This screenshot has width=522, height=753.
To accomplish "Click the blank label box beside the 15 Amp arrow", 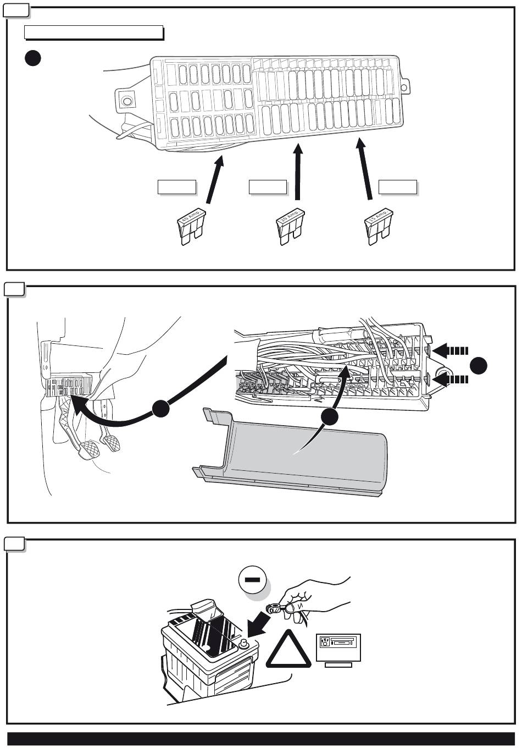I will pyautogui.click(x=397, y=187).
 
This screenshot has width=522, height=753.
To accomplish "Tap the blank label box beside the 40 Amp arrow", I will pyautogui.click(x=176, y=187).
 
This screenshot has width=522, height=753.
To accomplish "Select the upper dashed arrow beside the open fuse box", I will pyautogui.click(x=452, y=350).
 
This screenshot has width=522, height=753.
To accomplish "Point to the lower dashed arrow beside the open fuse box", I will pyautogui.click(x=452, y=379).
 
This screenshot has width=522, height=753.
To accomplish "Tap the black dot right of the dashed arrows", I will pyautogui.click(x=480, y=365).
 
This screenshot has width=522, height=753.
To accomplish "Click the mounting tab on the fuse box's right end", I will pyautogui.click(x=406, y=86).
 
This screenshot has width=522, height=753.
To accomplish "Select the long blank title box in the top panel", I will pyautogui.click(x=94, y=33).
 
